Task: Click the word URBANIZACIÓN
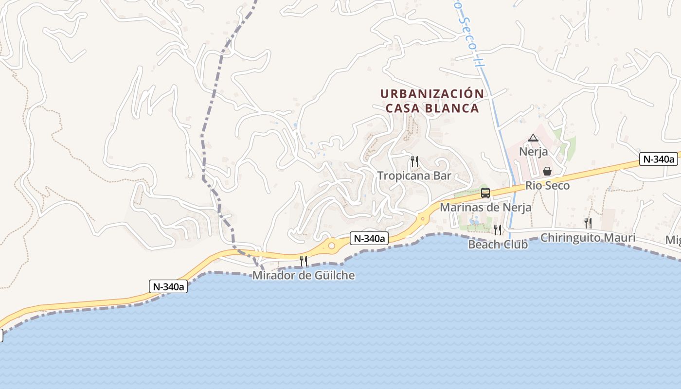[432, 93]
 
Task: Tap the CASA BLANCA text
[432, 108]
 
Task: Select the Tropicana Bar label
[414, 176]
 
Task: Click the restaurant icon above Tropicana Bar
[414, 161]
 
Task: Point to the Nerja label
[533, 151]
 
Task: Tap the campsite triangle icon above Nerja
[533, 138]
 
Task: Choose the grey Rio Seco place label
[547, 186]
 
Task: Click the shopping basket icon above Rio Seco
[547, 171]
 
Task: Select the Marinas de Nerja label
[485, 207]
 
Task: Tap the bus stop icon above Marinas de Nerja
[485, 193]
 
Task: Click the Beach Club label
[498, 245]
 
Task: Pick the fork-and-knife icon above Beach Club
[498, 230]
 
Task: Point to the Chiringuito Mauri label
[588, 238]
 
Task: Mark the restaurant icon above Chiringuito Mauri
[588, 223]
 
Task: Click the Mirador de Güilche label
[304, 276]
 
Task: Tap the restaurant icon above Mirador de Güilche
[304, 261]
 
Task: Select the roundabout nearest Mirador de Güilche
[332, 246]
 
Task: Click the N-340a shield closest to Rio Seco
[659, 159]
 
